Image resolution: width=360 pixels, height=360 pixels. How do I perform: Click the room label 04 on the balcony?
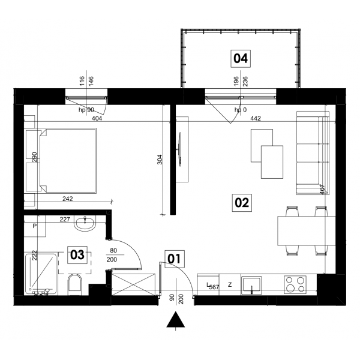coord(241,59)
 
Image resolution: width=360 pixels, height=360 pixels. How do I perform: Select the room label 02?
coord(242,203)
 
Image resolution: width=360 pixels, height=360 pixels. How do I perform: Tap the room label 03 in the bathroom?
coord(77,255)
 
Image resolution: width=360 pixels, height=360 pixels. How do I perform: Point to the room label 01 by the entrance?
coord(174,259)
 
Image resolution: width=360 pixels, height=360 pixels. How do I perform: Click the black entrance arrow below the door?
coord(176,319)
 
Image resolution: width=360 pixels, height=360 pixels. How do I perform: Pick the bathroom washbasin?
coord(85,223)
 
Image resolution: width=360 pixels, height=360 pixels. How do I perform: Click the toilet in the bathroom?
coord(75,284)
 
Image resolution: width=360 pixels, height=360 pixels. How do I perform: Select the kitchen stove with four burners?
coord(295,284)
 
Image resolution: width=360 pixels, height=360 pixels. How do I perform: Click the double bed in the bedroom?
coord(68,160)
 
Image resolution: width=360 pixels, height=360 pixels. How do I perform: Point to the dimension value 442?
coord(256,118)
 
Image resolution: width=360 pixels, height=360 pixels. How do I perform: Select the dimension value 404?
coord(97,118)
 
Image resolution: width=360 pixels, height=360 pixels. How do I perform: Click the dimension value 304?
coord(160,160)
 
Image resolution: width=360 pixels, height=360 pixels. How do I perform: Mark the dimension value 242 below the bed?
coord(67,199)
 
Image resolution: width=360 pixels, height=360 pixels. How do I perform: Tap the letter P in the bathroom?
coord(35,226)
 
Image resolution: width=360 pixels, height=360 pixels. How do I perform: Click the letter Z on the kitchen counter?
coord(230,284)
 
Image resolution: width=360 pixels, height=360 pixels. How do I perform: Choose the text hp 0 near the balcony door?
coord(241,110)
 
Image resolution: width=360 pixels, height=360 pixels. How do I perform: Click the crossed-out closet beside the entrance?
coord(133,284)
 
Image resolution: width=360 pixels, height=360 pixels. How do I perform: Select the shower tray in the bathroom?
coord(41,273)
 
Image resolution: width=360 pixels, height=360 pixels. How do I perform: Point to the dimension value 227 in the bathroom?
coord(65,219)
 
